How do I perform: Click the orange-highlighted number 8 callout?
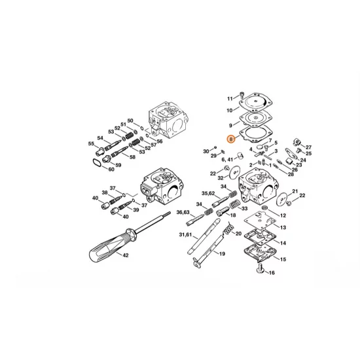point(229,139)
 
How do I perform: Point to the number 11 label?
point(230,99)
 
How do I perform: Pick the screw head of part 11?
point(242,95)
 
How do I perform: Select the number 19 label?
point(222,253)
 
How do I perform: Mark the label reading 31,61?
point(185,235)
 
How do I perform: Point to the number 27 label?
point(309,147)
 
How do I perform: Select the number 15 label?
point(283,260)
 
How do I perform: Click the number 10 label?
point(230,111)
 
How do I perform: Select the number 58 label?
point(133,157)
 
